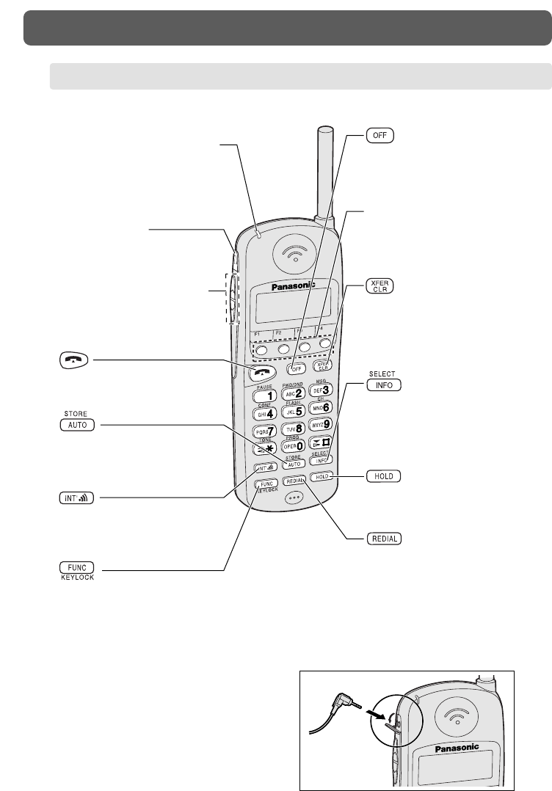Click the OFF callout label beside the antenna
[379, 136]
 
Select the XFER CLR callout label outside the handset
[379, 287]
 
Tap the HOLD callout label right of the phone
[383, 476]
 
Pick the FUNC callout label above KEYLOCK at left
[77, 567]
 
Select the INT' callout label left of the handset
[77, 498]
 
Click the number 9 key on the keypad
[322, 423]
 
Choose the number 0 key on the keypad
[295, 445]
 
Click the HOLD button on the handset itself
[321, 476]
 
